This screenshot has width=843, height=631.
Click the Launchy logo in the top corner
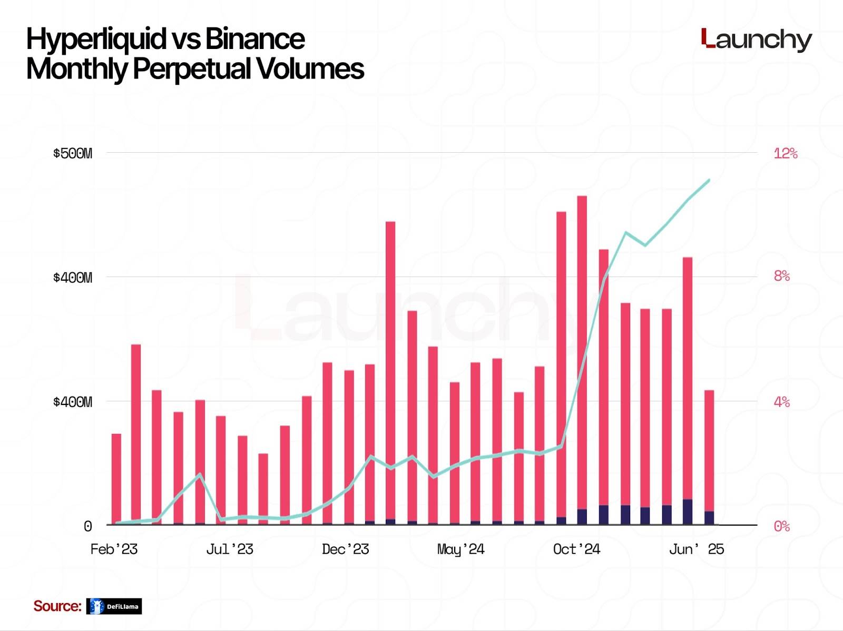pos(757,40)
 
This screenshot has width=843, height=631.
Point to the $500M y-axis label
pos(72,154)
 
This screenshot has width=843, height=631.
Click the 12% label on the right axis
pos(785,154)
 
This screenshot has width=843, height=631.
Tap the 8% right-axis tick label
pos(782,276)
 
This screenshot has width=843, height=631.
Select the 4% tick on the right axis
pos(782,402)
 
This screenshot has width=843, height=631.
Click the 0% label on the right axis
pos(782,526)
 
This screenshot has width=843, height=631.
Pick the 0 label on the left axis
pos(88,526)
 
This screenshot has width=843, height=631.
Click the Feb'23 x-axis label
pos(114,549)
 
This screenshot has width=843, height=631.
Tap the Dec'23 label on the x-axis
pos(345,549)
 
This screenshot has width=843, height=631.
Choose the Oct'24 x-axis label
pos(576,549)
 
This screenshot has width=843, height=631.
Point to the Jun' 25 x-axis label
pos(697,549)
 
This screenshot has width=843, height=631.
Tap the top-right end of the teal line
pos(709,180)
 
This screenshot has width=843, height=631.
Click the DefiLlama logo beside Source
pos(114,606)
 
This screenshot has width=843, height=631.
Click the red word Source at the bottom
pos(57,606)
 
